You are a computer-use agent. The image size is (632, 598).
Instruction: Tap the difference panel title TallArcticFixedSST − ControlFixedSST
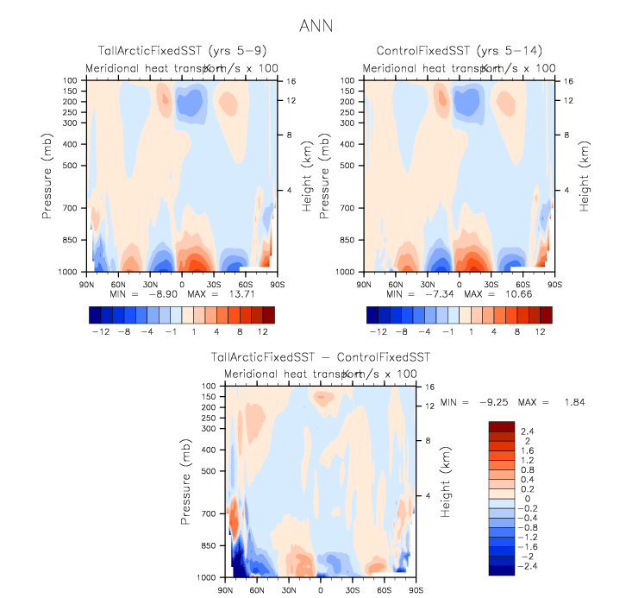[321, 357]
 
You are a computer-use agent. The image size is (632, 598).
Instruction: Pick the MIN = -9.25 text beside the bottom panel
[470, 402]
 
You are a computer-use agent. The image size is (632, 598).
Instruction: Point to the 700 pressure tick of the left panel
[72, 209]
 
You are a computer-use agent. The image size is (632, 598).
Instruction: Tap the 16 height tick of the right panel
[569, 80]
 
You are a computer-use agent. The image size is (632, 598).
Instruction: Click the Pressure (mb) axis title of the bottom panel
[186, 481]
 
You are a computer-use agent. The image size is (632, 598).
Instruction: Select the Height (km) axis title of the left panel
[306, 176]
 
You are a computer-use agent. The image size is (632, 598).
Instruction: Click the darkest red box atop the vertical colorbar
[502, 426]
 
